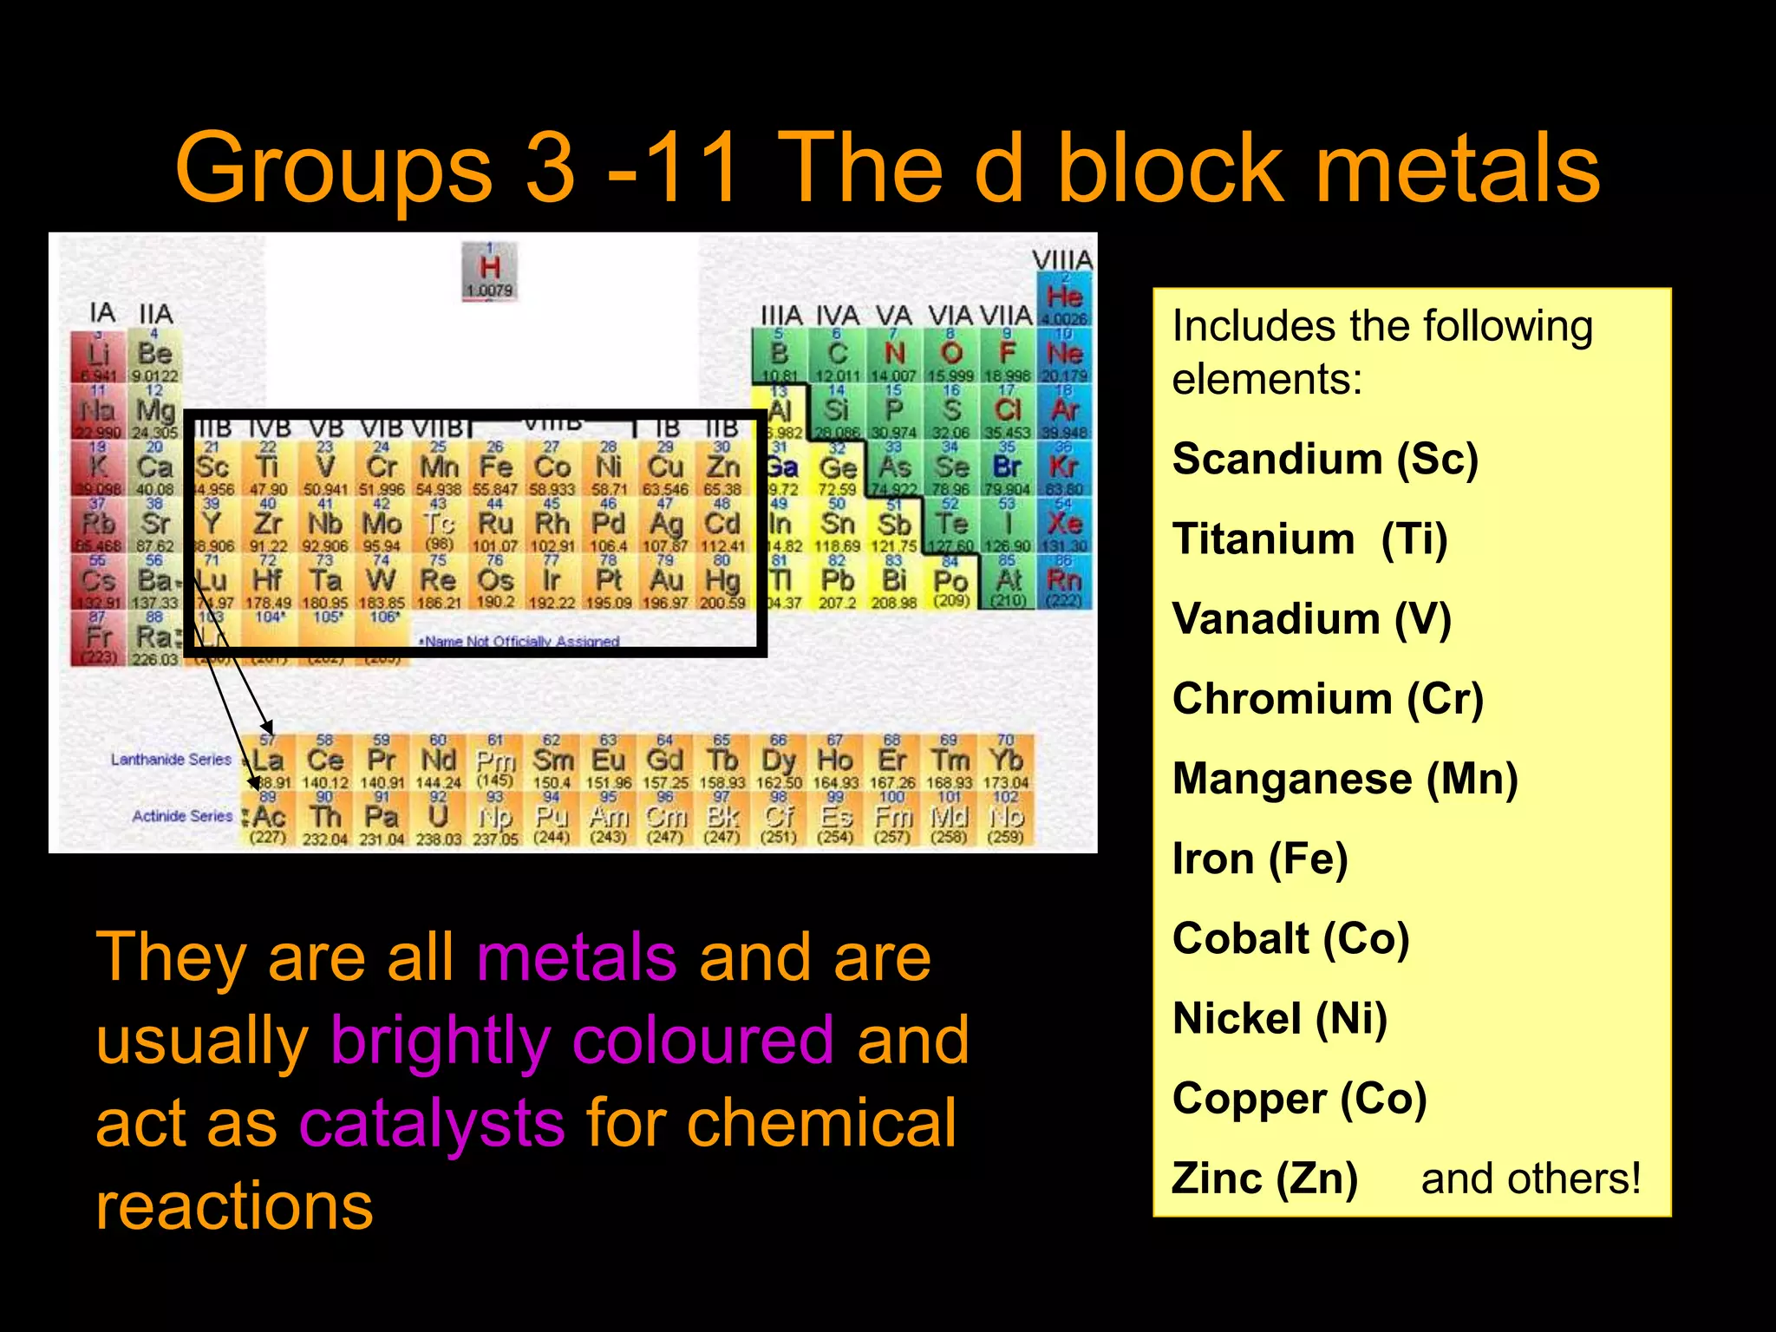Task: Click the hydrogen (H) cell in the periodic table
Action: tap(490, 271)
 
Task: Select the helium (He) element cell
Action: tap(1064, 298)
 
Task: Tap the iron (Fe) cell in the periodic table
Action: tap(496, 468)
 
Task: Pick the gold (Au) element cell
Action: tap(666, 581)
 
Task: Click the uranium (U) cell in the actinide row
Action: tap(439, 818)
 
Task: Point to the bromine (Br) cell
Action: tap(1007, 468)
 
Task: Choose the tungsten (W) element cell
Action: tap(382, 581)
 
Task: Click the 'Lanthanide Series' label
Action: tap(171, 760)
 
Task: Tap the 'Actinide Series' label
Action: tap(182, 816)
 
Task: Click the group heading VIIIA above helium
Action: tap(1062, 260)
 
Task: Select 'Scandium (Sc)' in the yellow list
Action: tap(1324, 459)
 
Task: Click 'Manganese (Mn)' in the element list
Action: tap(1344, 779)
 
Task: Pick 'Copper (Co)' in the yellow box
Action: tap(1299, 1099)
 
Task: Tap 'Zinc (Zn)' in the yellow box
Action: tap(1264, 1179)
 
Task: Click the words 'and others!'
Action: tap(1531, 1179)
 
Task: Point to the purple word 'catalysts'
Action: tap(432, 1123)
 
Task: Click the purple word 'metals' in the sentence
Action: tap(577, 957)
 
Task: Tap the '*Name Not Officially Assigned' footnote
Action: tap(519, 642)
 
